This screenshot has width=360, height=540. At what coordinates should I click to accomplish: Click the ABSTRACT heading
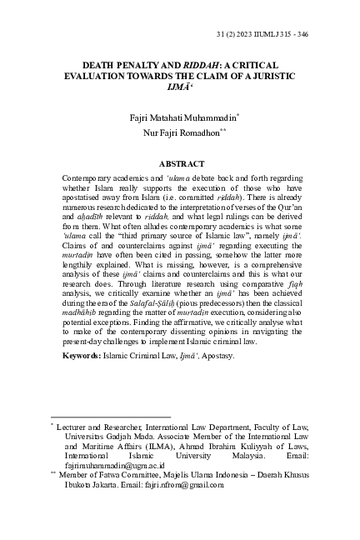180,164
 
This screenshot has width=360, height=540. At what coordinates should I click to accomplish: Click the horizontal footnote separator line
110,416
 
